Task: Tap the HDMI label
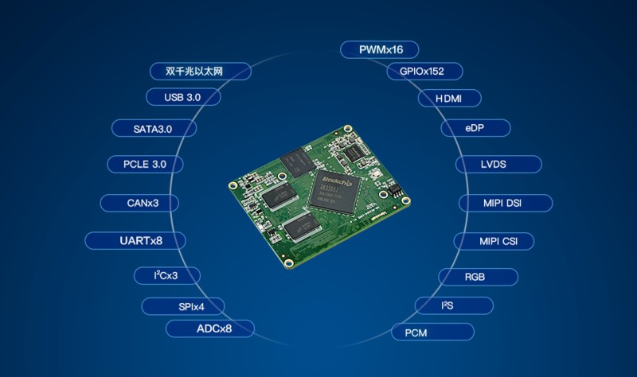coord(451,99)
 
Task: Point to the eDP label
coord(475,127)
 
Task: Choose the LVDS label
coord(498,165)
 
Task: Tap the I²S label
coord(454,305)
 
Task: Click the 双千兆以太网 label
coord(201,72)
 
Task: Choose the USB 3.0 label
coord(183,97)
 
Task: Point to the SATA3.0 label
coord(154,127)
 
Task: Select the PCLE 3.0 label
coord(146,165)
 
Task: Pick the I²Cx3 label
coord(166,276)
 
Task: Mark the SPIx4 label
coord(183,306)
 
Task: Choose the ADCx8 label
coord(210,328)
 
